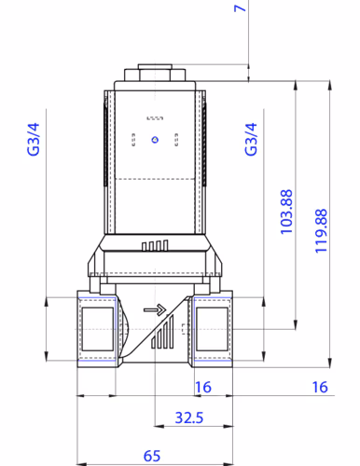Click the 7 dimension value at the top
coord(240,7)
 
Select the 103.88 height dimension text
coord(286,212)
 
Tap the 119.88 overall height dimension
coord(321,231)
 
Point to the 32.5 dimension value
coord(189,418)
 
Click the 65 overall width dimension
coord(152,456)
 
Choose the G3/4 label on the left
coord(34,139)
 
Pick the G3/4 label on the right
coord(251,139)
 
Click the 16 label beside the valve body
coord(203,387)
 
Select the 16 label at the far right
coord(320,387)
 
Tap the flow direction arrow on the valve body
coord(155,309)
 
